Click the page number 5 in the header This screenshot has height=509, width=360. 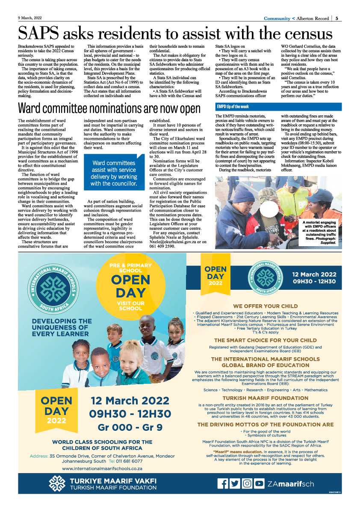[337, 18]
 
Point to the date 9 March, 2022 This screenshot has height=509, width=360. [30, 18]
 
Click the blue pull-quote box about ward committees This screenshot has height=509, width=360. [114, 173]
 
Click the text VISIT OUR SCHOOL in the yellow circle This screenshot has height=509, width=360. [130, 306]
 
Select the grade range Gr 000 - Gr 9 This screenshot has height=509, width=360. [130, 427]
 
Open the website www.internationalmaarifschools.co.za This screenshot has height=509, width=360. [102, 468]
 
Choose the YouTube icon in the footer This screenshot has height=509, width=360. [259, 483]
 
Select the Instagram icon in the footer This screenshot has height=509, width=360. [247, 483]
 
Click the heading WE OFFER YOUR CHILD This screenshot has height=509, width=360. [265, 306]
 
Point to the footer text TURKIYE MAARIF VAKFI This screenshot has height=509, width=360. [113, 480]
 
